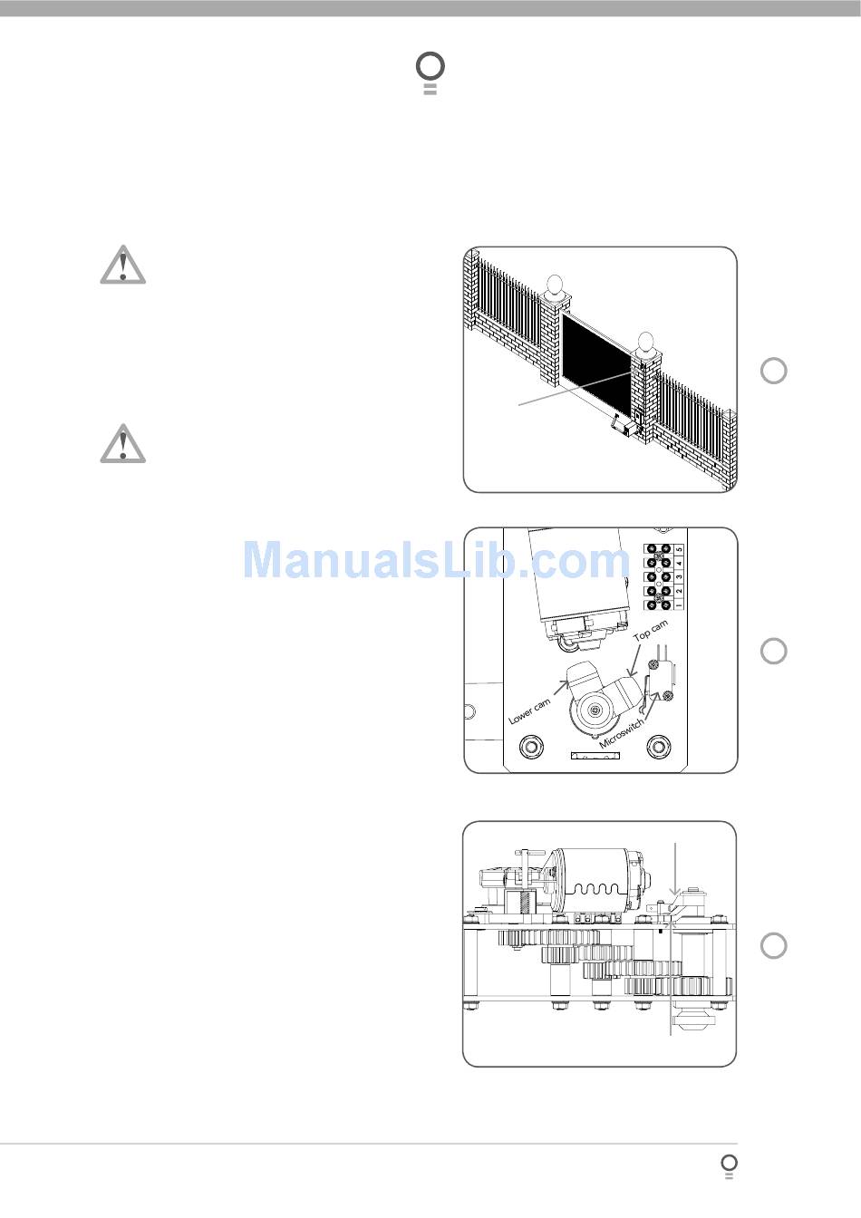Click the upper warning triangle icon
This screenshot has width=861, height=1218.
point(123,264)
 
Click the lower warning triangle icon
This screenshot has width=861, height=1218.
point(123,443)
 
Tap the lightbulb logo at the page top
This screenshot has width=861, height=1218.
point(430,72)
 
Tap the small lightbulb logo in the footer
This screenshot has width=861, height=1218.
point(729,1165)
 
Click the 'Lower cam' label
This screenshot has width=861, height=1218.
point(530,710)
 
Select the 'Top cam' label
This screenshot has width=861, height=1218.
point(651,631)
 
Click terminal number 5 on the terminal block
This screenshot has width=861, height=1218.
point(680,549)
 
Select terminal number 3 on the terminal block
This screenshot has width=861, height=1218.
point(680,577)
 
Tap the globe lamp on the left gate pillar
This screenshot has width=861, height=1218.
point(556,284)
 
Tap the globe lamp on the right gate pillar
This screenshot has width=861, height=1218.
point(645,343)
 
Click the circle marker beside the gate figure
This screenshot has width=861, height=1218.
point(773,371)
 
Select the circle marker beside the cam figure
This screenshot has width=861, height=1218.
point(773,651)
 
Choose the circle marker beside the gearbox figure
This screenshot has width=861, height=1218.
point(773,945)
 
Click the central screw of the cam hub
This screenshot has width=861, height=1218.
point(595,710)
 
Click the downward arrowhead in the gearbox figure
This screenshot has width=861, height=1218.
point(675,897)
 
